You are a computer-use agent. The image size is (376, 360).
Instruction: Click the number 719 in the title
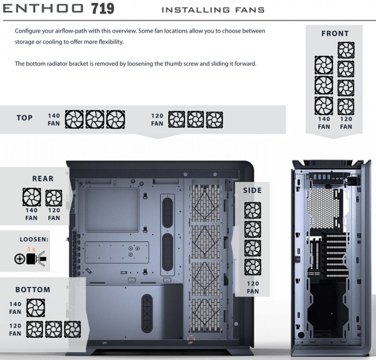click(103, 8)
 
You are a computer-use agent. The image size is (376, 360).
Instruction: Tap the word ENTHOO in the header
click(43, 8)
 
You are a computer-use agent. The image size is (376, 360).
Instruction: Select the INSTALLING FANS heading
click(213, 10)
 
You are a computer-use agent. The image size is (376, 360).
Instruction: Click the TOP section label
click(24, 118)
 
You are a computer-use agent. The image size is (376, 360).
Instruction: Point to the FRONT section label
click(335, 34)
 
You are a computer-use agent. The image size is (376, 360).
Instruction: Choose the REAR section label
click(43, 179)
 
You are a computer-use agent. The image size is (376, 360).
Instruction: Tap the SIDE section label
click(252, 190)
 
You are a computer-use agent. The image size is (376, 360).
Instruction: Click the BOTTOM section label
click(33, 290)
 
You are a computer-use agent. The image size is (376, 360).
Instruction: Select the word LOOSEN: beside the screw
click(34, 239)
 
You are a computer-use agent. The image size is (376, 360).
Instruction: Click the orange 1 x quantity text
click(31, 249)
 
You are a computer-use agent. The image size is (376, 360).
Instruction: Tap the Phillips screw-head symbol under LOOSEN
click(20, 259)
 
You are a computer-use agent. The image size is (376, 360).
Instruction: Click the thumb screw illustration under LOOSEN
click(36, 258)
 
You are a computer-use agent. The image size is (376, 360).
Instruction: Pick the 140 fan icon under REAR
click(32, 197)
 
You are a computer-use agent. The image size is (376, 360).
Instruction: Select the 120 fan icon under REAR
click(54, 198)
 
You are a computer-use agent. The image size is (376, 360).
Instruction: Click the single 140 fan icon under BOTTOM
click(36, 308)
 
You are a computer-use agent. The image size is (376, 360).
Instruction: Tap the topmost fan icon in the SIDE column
click(253, 210)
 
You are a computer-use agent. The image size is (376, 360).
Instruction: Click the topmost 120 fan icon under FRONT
click(346, 50)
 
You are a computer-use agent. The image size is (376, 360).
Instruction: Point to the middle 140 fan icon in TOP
click(95, 120)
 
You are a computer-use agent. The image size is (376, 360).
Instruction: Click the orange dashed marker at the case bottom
click(191, 339)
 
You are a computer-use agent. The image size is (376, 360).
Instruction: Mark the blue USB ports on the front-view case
click(322, 177)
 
